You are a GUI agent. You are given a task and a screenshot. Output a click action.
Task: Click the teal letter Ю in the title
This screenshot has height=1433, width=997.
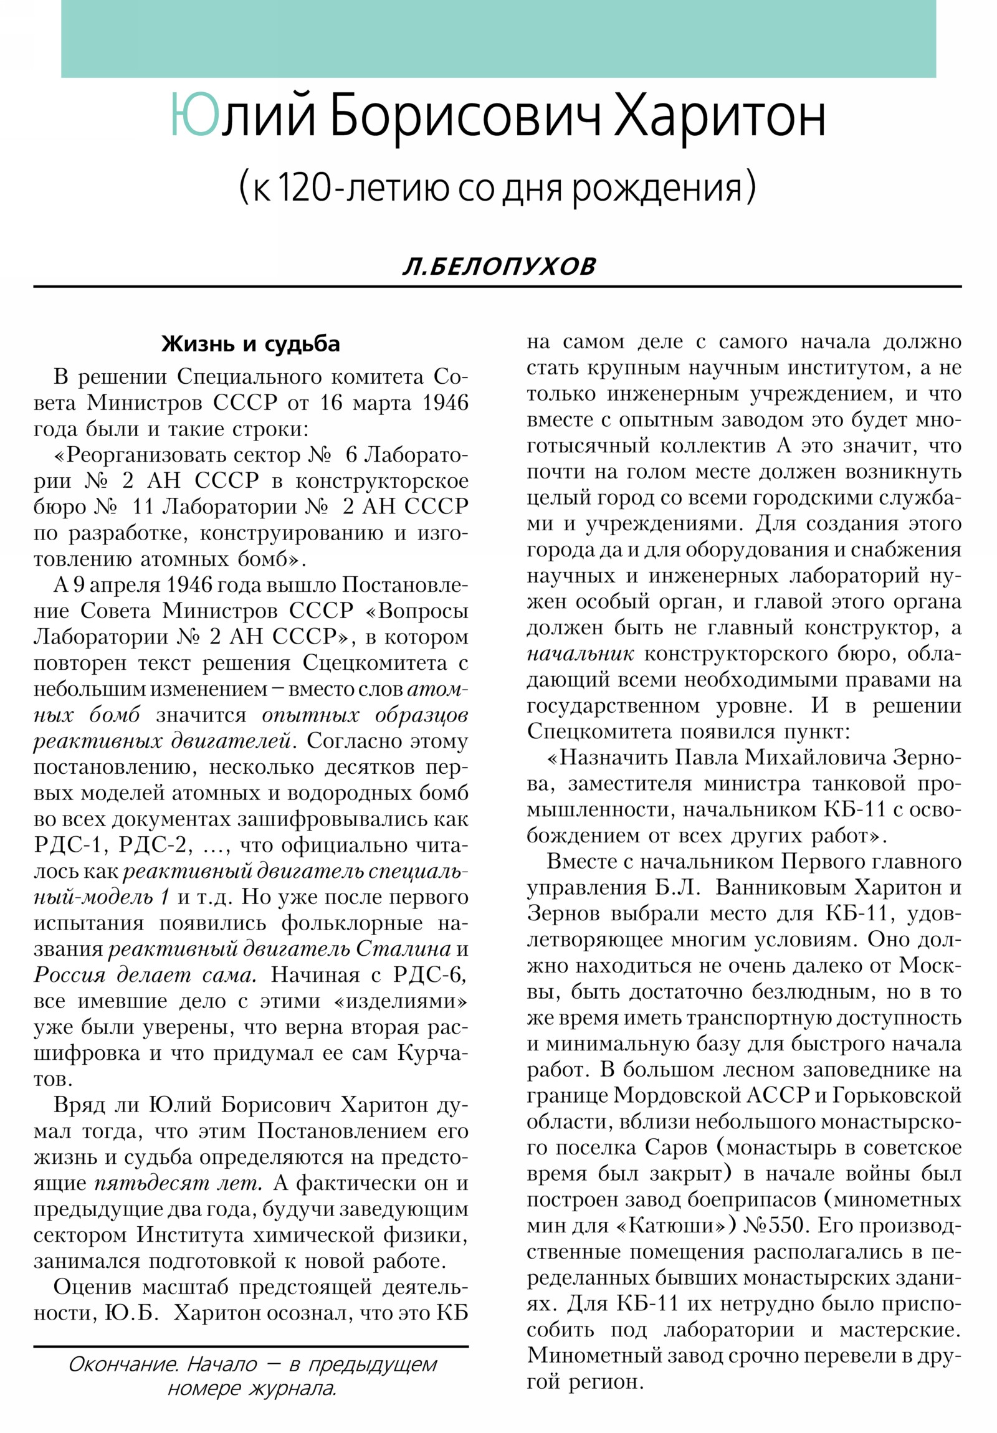[x=194, y=115]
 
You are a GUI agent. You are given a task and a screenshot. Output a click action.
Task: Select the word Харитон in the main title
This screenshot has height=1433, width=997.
[x=720, y=117]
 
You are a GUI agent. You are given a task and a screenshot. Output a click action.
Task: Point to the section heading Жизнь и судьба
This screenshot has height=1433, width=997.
[x=250, y=344]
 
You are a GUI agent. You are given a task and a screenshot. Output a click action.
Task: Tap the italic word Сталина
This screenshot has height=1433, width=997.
[x=403, y=949]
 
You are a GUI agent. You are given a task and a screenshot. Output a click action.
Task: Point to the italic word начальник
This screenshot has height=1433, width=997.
[x=580, y=654]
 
